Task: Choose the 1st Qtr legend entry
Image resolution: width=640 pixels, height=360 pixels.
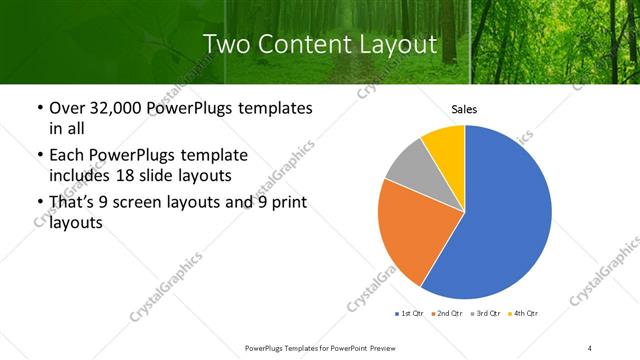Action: (410, 314)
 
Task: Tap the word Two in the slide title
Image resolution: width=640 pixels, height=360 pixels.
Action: (225, 44)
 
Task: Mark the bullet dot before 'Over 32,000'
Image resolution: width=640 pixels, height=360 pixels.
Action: (38, 108)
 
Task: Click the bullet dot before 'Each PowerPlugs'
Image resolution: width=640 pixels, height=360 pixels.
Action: (38, 156)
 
